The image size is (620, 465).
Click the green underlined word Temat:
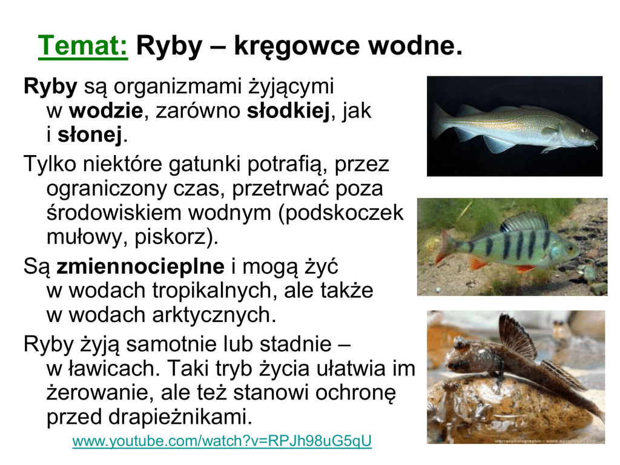82,46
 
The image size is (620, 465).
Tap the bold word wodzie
105,110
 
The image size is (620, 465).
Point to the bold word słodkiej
288,111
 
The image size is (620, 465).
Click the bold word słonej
90,135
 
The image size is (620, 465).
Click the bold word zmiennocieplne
140,266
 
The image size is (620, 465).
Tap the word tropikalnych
213,291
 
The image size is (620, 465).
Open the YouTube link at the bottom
222,441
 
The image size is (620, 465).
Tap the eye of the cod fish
584,130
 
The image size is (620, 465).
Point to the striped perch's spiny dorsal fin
524,223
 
